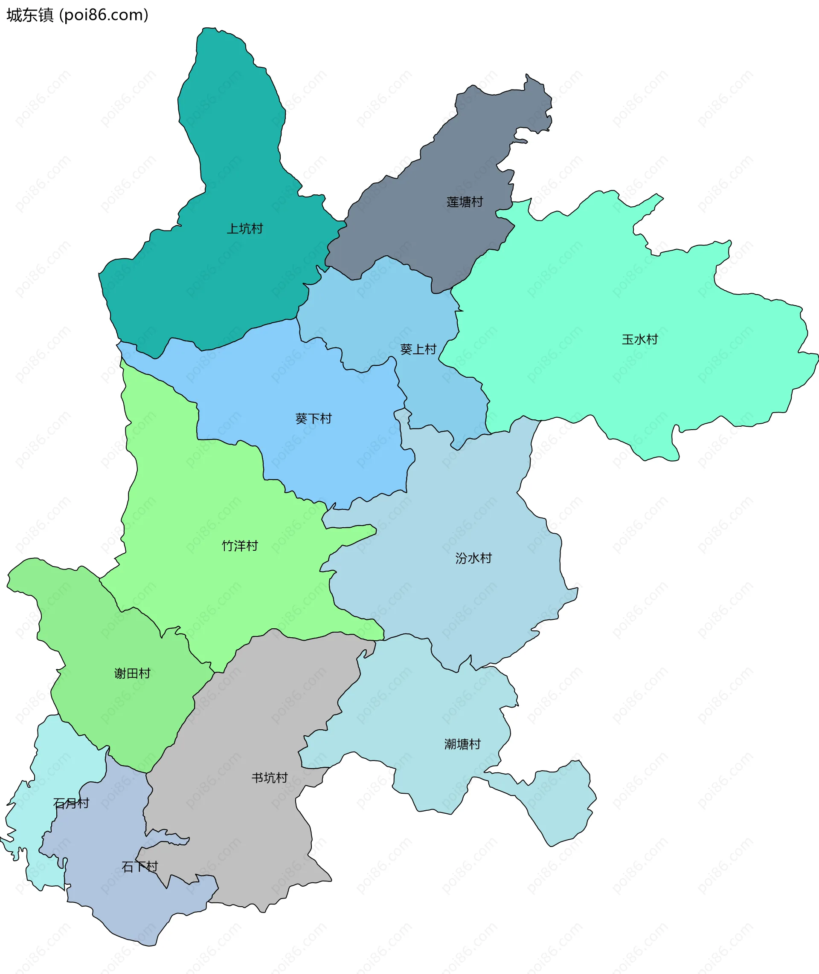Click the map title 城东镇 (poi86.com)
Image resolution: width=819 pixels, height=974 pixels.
click(77, 15)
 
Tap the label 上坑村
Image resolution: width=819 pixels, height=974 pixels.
click(245, 229)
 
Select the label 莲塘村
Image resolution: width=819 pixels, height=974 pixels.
click(465, 202)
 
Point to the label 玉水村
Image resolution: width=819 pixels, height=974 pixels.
click(640, 340)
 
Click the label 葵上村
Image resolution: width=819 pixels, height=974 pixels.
click(418, 350)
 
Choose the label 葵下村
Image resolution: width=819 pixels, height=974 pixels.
click(314, 419)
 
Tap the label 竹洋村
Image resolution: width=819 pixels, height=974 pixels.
click(240, 546)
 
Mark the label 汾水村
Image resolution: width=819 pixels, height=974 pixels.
click(473, 558)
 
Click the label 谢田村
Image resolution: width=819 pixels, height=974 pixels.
click(132, 673)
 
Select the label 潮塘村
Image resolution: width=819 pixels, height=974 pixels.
click(462, 744)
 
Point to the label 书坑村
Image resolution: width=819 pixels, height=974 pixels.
click(269, 778)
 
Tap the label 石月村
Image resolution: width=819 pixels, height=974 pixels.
click(71, 803)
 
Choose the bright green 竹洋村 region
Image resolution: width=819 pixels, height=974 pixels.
click(186, 487)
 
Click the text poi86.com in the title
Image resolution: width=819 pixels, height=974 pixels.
click(105, 15)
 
